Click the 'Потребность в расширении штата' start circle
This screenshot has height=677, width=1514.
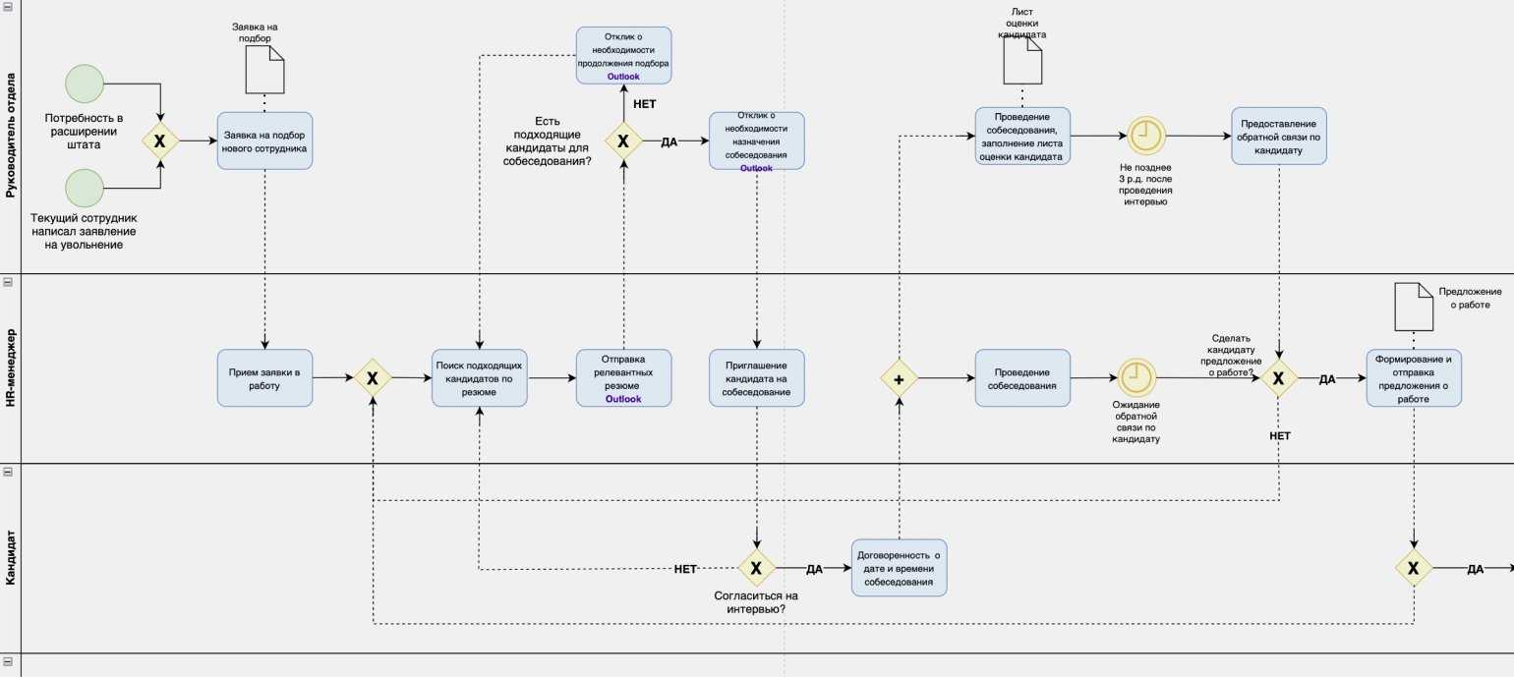(85, 84)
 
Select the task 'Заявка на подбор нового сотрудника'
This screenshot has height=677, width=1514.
(264, 141)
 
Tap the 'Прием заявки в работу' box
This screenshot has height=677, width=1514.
(264, 378)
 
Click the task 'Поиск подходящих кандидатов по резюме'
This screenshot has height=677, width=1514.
(479, 378)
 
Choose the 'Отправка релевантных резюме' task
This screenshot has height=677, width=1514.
(623, 378)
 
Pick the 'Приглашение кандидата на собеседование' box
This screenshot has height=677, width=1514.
(756, 378)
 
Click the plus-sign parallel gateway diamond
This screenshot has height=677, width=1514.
(898, 377)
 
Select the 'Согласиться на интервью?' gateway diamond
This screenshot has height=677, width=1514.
(756, 568)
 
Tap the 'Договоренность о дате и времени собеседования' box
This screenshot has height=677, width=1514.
(900, 568)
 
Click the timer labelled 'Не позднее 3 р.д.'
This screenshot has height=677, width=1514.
(1144, 136)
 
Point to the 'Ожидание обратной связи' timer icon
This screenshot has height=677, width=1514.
(1135, 377)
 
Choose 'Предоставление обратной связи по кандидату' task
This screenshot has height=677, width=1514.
(1278, 136)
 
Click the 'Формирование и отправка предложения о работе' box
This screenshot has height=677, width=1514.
(1413, 378)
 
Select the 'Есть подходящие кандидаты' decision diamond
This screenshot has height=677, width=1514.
(623, 141)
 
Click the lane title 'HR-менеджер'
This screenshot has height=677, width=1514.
(11, 368)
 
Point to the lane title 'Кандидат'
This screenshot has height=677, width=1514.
(11, 558)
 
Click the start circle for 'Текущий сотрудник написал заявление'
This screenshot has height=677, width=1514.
(85, 189)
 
